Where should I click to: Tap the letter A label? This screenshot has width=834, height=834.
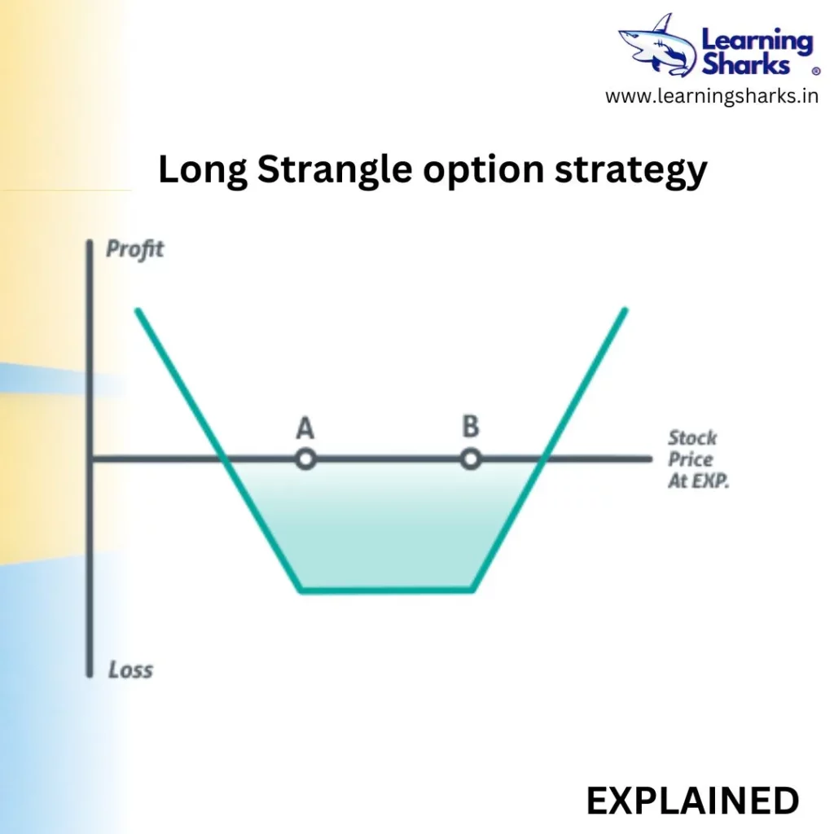305,428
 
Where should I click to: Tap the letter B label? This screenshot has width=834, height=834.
471,426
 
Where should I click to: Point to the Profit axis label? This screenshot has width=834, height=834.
134,249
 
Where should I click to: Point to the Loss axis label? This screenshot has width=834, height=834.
130,669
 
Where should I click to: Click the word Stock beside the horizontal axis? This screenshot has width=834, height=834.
692,437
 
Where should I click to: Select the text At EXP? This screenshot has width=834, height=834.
698,481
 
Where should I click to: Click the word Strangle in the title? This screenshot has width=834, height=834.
335,170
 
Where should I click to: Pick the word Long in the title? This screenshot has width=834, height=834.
203,170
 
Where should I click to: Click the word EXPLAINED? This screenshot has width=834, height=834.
692,801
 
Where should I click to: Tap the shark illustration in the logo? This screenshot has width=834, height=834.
658,46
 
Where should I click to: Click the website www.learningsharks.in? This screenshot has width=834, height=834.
712,96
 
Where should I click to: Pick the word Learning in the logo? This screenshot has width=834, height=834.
757,42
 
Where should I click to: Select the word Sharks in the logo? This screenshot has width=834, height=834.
746,64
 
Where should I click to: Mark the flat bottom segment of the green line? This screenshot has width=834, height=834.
386,590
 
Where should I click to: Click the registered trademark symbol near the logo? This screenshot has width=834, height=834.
815,71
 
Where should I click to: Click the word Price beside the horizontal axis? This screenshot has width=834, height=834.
690,459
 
